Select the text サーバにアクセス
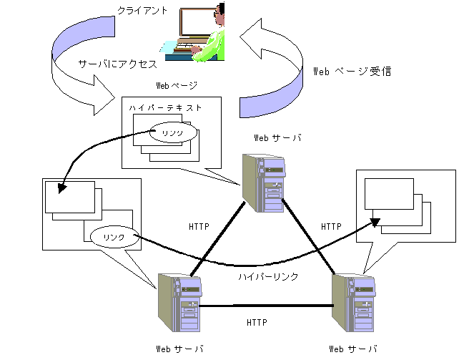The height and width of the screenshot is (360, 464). pyautogui.click(x=117, y=64)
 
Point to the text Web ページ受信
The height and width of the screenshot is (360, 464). pyautogui.click(x=353, y=72)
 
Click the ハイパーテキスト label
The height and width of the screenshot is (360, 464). pyautogui.click(x=165, y=107)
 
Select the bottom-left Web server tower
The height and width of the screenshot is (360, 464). pyautogui.click(x=177, y=303)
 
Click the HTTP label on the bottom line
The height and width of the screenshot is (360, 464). pyautogui.click(x=257, y=323)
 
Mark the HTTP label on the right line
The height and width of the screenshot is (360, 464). pyautogui.click(x=331, y=226)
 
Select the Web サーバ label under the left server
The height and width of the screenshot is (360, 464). pyautogui.click(x=179, y=349)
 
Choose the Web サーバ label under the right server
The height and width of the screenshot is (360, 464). pyautogui.click(x=353, y=349)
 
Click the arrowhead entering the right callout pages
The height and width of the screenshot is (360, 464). pyautogui.click(x=375, y=223)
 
